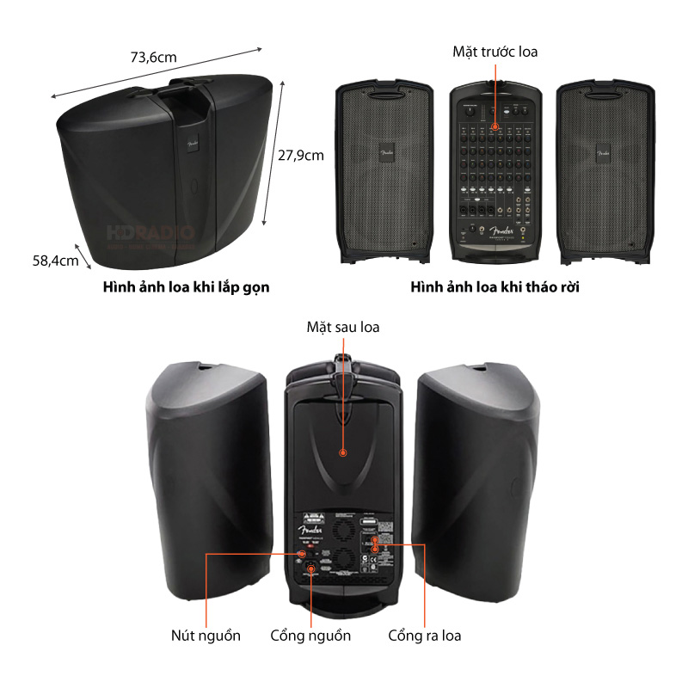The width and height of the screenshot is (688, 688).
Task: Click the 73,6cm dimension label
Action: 153,58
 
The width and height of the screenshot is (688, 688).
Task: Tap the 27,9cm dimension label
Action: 300,155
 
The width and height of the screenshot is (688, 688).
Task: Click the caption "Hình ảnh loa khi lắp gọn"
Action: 186,287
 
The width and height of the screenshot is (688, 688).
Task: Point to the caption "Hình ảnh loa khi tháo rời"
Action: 494,287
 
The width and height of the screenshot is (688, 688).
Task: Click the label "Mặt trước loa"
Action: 494,52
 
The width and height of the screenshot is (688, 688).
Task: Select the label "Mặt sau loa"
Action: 342,327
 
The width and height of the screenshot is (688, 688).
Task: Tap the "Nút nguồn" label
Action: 206,636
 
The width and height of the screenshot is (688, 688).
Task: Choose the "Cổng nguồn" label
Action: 310,636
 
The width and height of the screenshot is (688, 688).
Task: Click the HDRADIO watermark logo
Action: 150,233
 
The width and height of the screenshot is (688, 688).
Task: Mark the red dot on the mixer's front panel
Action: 494,126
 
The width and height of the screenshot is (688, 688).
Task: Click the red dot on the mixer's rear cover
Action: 342,452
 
